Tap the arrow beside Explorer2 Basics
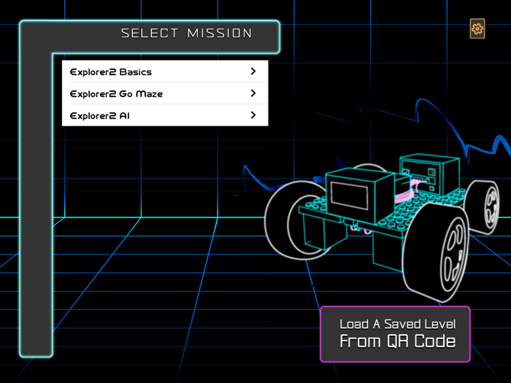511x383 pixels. pyautogui.click(x=253, y=71)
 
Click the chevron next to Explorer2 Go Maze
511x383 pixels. pyautogui.click(x=253, y=93)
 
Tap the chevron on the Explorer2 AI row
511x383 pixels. pyautogui.click(x=253, y=115)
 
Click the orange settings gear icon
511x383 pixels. pyautogui.click(x=477, y=29)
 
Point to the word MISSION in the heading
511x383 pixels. pyautogui.click(x=220, y=33)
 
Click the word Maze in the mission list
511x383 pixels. pyautogui.click(x=150, y=94)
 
